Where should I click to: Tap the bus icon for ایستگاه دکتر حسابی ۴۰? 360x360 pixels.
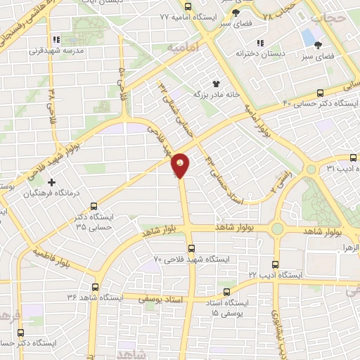[321, 93]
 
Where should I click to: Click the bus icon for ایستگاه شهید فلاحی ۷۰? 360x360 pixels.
[191, 247]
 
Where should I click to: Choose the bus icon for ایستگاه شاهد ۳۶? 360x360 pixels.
[96, 286]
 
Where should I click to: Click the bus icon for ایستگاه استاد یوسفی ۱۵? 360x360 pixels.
[226, 291]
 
